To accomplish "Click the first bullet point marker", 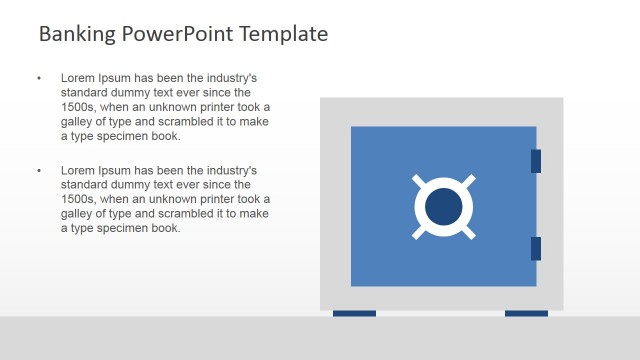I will point(38,78).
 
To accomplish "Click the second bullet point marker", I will point(38,171).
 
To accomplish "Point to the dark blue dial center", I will point(444,207).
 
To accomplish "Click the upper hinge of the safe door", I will point(536,161).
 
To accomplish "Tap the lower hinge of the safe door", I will point(536,248).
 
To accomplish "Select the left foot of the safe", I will point(354,314).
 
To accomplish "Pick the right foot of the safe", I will point(526,314).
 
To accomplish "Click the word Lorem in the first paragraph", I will point(78,78).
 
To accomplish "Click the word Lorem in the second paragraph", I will point(78,171).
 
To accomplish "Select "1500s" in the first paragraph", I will point(78,107).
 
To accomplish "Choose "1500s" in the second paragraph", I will point(78,199).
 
